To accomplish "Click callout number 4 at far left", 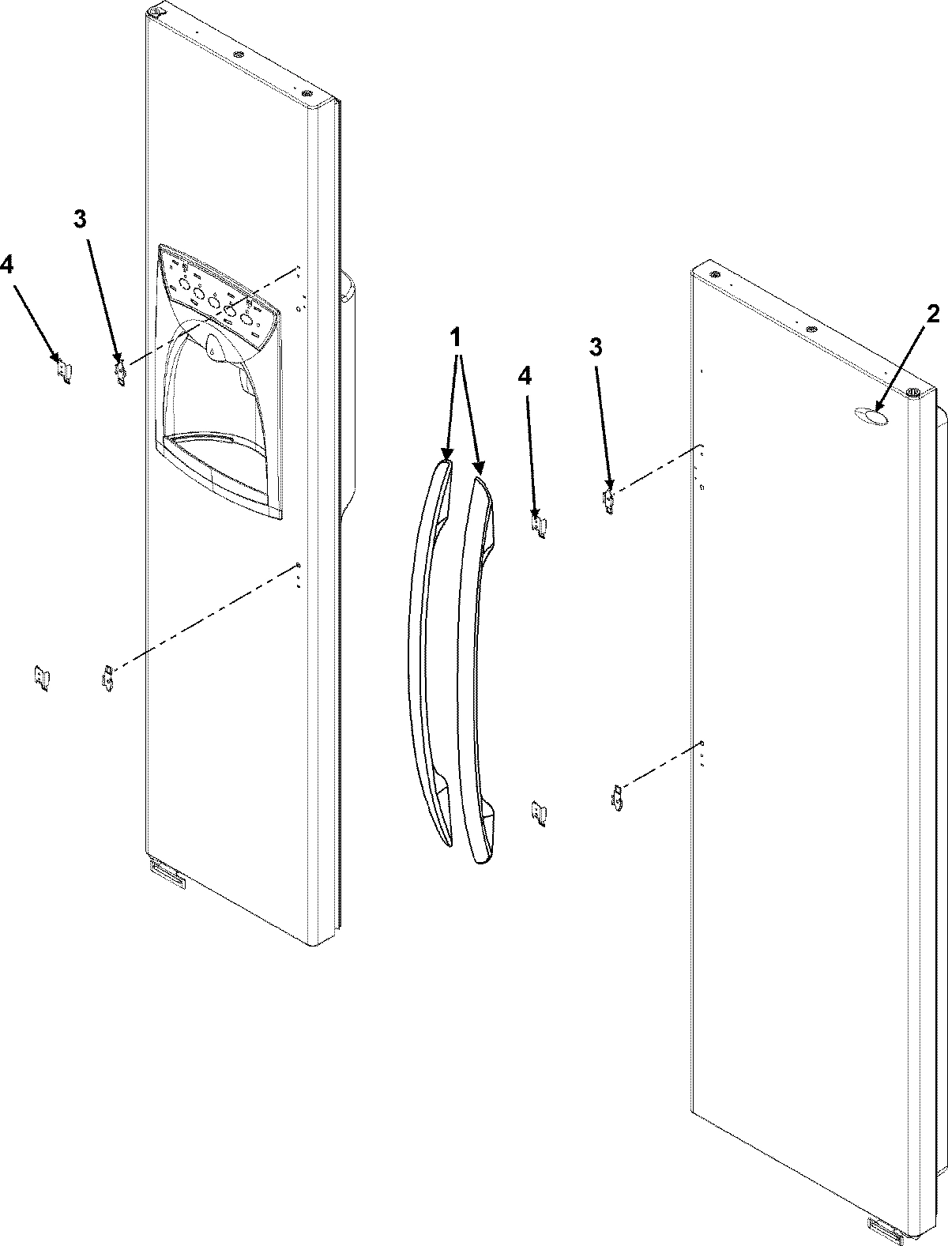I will (x=6, y=265).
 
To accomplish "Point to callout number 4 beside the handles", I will (x=525, y=377).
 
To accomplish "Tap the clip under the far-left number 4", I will (x=62, y=370).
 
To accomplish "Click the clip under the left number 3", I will (x=121, y=371).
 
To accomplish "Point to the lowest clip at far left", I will (x=41, y=678).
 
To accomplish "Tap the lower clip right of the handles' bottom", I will (x=539, y=813).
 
